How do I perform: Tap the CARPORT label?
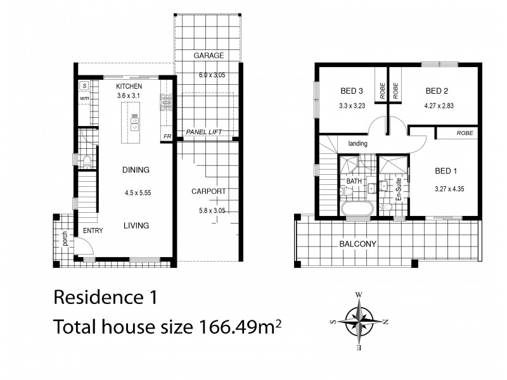(208, 191)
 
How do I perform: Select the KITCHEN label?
(129, 86)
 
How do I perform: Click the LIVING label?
(136, 225)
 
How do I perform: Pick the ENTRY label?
(93, 231)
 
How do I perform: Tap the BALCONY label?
(359, 244)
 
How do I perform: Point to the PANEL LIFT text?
(203, 133)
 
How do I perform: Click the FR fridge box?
(167, 136)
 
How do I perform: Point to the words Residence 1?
(101, 296)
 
